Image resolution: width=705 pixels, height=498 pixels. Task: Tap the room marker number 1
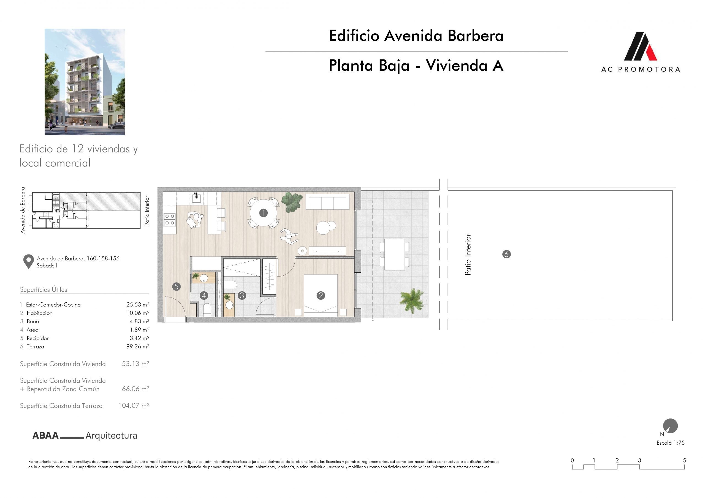click(x=263, y=213)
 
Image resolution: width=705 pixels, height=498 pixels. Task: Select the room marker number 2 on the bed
click(x=321, y=295)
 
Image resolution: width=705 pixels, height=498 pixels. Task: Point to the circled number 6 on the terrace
click(x=506, y=254)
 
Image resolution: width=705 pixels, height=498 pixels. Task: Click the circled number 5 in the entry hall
click(x=176, y=287)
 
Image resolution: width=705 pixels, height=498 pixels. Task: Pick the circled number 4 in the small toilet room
click(x=204, y=295)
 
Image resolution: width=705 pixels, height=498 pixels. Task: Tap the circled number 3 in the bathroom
click(x=242, y=295)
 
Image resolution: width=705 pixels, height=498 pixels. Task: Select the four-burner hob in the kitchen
click(x=169, y=219)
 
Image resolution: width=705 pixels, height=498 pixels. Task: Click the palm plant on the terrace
click(x=412, y=301)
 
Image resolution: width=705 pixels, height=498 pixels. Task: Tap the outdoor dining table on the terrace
click(x=395, y=255)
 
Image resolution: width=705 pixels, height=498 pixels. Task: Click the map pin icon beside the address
click(x=29, y=262)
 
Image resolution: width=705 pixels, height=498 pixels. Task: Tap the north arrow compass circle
click(x=670, y=426)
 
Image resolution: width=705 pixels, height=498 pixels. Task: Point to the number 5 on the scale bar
click(x=684, y=460)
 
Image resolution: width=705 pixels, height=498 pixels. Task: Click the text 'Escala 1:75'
click(x=670, y=443)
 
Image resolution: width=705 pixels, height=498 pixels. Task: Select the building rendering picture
click(x=85, y=82)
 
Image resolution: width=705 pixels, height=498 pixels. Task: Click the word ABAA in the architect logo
click(x=45, y=436)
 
